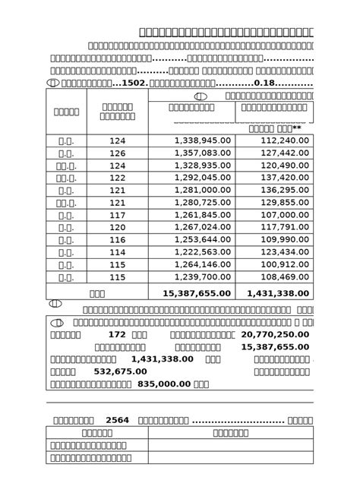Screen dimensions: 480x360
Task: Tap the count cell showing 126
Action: coord(117,153)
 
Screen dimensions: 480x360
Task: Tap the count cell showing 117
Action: coord(117,215)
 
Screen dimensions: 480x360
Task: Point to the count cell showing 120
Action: coord(117,227)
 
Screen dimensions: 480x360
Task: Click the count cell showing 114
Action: coord(117,251)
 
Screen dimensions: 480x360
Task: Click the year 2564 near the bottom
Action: coord(118,420)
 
